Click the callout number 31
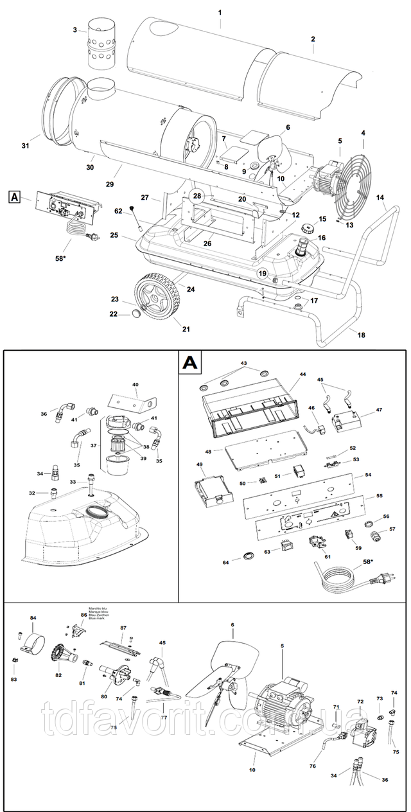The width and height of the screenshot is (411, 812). click(26, 146)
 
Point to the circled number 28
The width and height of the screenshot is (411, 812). click(197, 196)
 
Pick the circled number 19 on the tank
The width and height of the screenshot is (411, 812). click(262, 274)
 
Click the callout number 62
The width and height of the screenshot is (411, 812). click(118, 209)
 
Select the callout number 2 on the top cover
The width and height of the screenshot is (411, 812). click(313, 39)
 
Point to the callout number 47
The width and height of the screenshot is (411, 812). click(361, 409)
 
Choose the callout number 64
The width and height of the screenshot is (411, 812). click(225, 563)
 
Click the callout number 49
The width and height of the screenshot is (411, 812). click(199, 464)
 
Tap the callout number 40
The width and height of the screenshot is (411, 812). click(135, 385)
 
